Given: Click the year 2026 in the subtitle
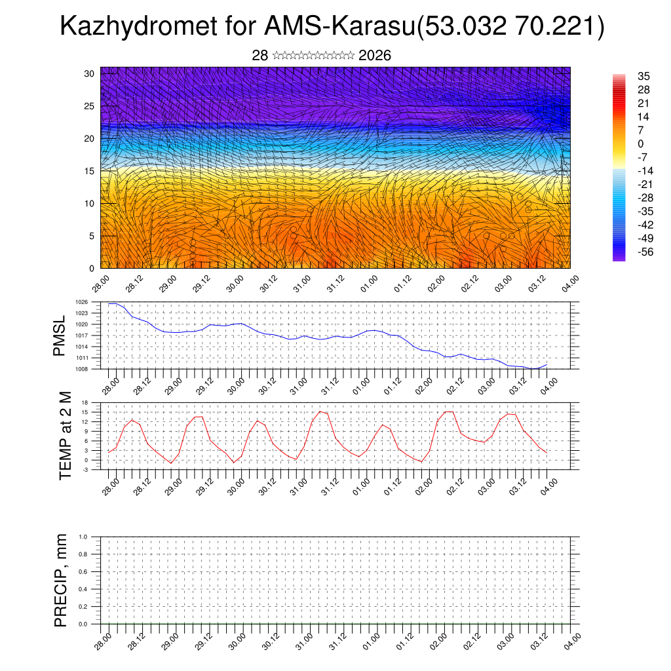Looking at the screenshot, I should (375, 56).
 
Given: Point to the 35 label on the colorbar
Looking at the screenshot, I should (643, 77).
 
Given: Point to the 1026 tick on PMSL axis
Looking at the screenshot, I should (81, 302).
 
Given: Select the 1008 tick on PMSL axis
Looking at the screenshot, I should (81, 369).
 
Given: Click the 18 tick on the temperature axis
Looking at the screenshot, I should (85, 402).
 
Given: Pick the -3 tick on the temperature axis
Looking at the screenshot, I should (85, 469).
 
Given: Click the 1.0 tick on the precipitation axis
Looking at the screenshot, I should (83, 537).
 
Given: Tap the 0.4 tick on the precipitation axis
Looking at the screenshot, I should (83, 589).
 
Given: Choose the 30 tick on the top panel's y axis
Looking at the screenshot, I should (90, 73).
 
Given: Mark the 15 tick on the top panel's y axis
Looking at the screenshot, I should (90, 171).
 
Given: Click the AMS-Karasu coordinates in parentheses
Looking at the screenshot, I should (510, 27).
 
